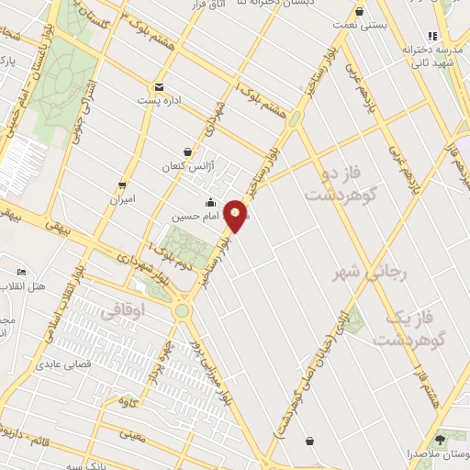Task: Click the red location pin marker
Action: click(237, 215)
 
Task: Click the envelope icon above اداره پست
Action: click(159, 85)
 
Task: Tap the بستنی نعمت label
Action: click(386, 27)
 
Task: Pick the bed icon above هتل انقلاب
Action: click(22, 273)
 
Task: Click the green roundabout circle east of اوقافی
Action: click(183, 310)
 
